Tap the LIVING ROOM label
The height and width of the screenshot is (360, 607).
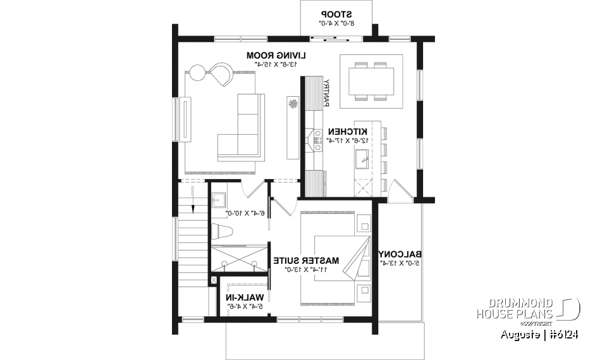(x=272, y=56)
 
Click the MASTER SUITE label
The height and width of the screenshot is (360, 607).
(x=306, y=260)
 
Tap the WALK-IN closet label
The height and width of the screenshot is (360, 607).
(x=245, y=297)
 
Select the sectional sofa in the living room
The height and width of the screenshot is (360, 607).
(x=243, y=127)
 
